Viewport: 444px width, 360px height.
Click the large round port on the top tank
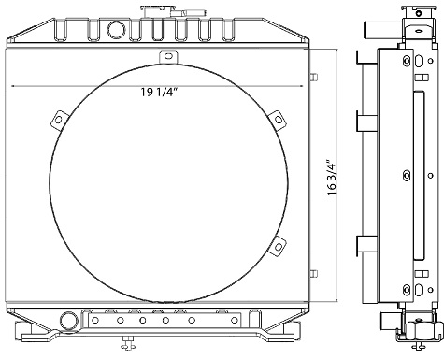[117, 30]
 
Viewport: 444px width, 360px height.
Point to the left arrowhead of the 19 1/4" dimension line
[14, 85]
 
